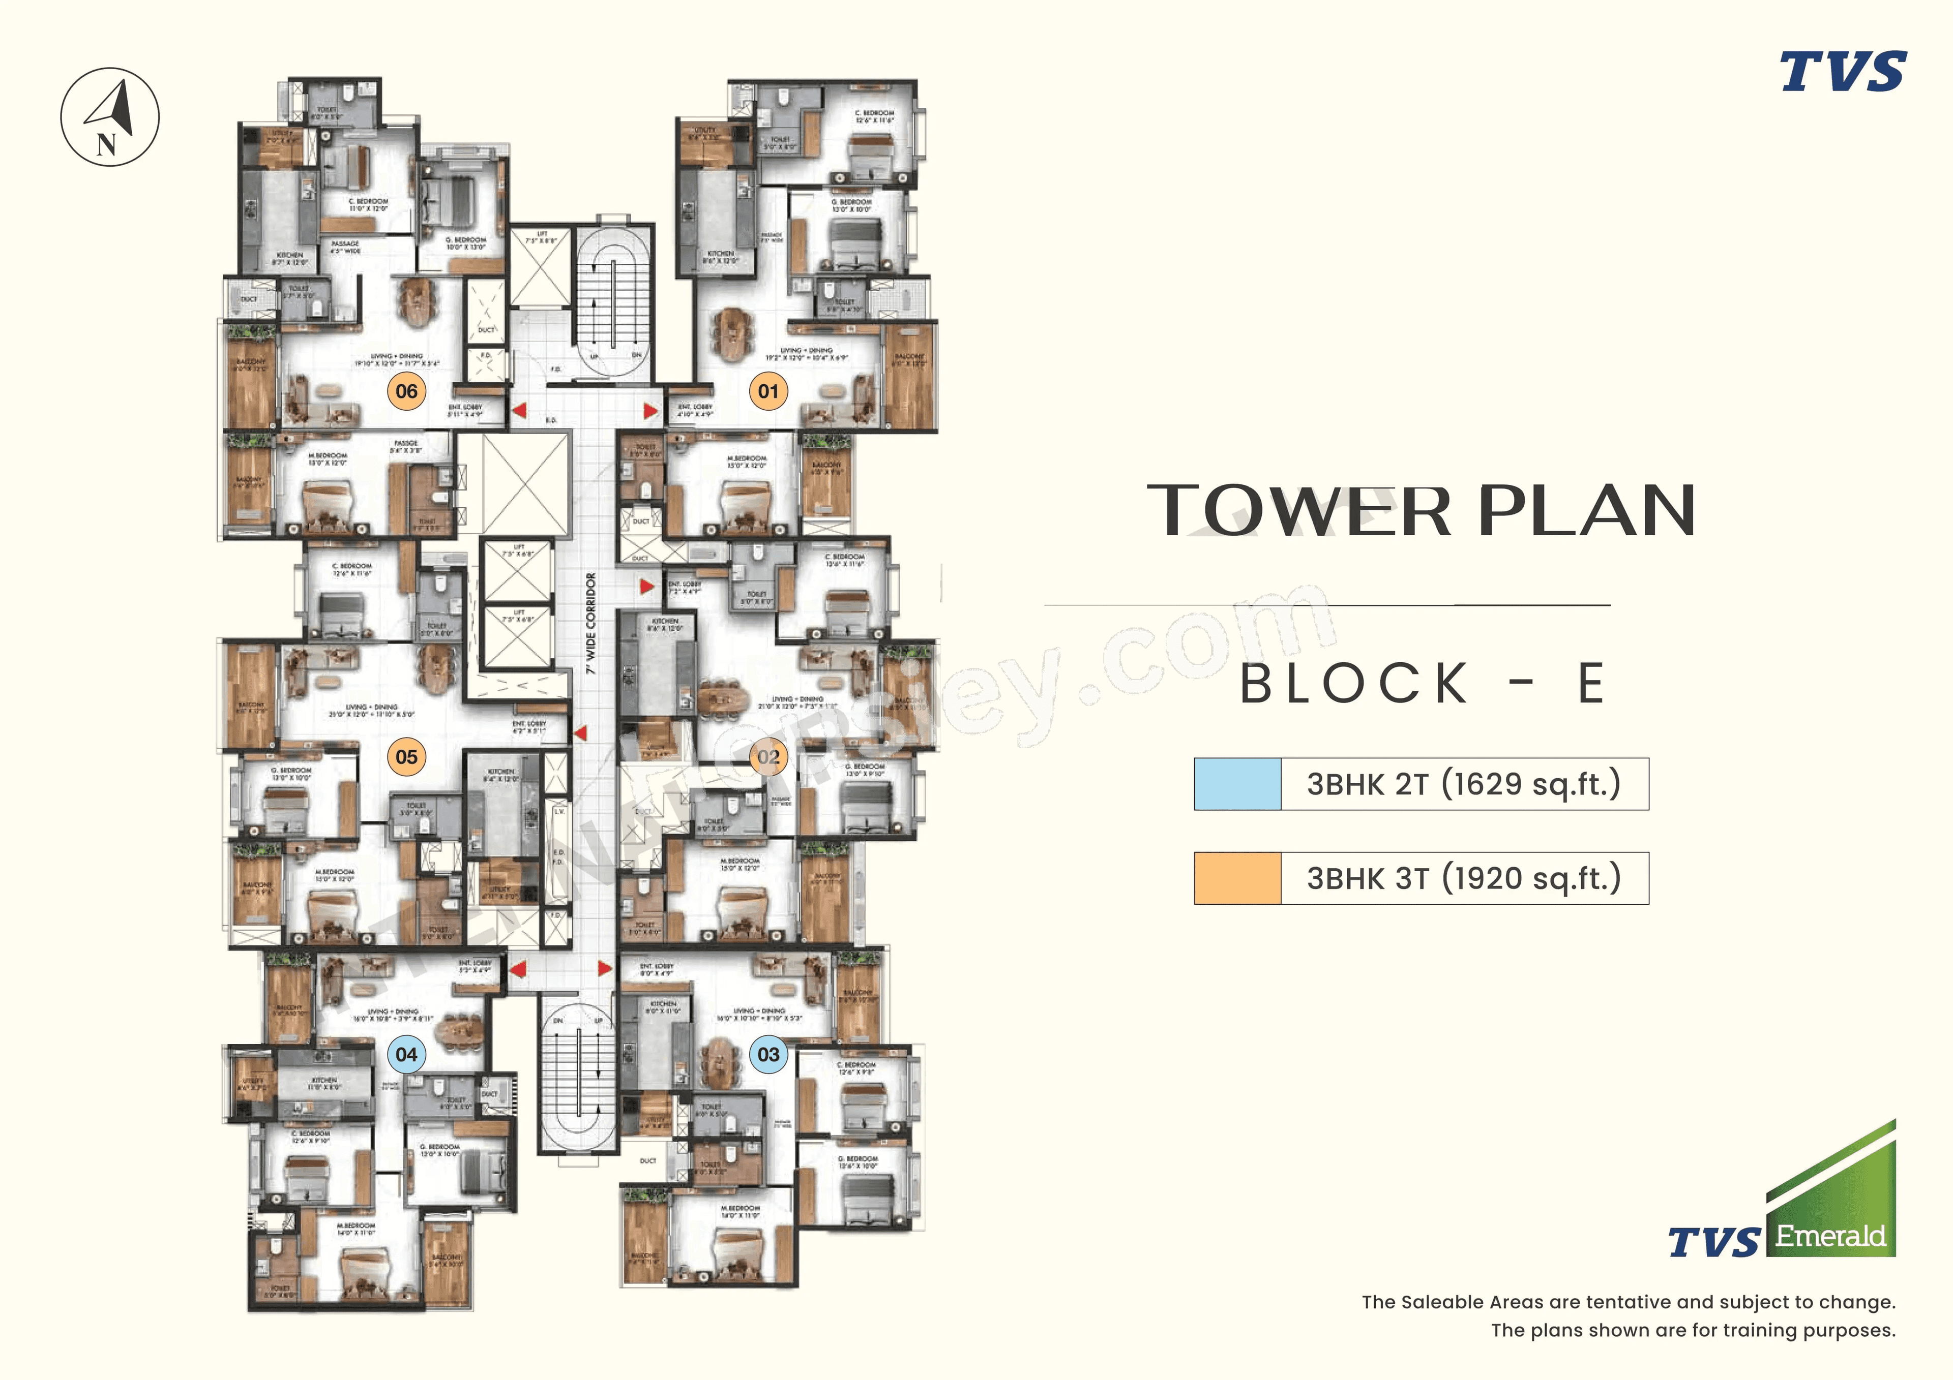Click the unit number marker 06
pyautogui.click(x=406, y=391)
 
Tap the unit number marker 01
pyautogui.click(x=768, y=391)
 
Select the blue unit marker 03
pyautogui.click(x=768, y=1054)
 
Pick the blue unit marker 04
pyautogui.click(x=406, y=1054)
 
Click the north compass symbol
pyautogui.click(x=110, y=116)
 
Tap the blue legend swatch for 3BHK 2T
pyautogui.click(x=1237, y=784)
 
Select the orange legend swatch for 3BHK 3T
pyautogui.click(x=1237, y=877)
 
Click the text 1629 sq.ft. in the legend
pyautogui.click(x=1531, y=784)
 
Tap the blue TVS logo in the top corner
pyautogui.click(x=1843, y=72)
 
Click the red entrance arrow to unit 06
pyautogui.click(x=519, y=411)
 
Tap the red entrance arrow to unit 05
pyautogui.click(x=580, y=732)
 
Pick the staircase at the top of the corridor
pyautogui.click(x=614, y=297)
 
